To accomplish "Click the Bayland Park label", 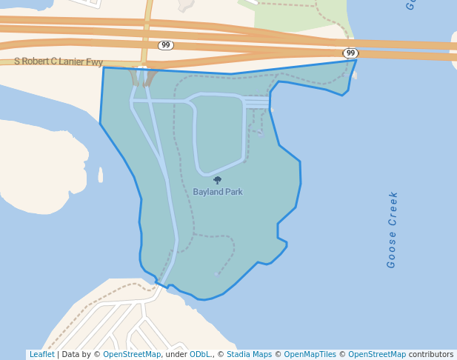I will click(x=218, y=192).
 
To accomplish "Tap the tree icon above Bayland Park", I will click(x=217, y=180).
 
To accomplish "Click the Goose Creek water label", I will click(x=392, y=230).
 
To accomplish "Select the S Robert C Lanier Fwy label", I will click(x=59, y=62).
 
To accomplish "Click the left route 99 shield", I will click(x=166, y=46).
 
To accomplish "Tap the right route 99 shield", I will click(x=350, y=53).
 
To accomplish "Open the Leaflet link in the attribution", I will click(x=41, y=355).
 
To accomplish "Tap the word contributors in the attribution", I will click(x=430, y=355).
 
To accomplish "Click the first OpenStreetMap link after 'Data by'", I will click(x=132, y=355).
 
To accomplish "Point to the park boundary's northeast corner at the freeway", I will click(x=356, y=60).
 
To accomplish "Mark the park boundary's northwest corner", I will click(x=103, y=67).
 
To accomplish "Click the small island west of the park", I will click(x=100, y=174).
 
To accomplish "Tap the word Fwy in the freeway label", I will click(x=94, y=62).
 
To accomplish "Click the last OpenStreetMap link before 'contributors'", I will click(x=377, y=355).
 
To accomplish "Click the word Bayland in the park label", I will click(x=207, y=192).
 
